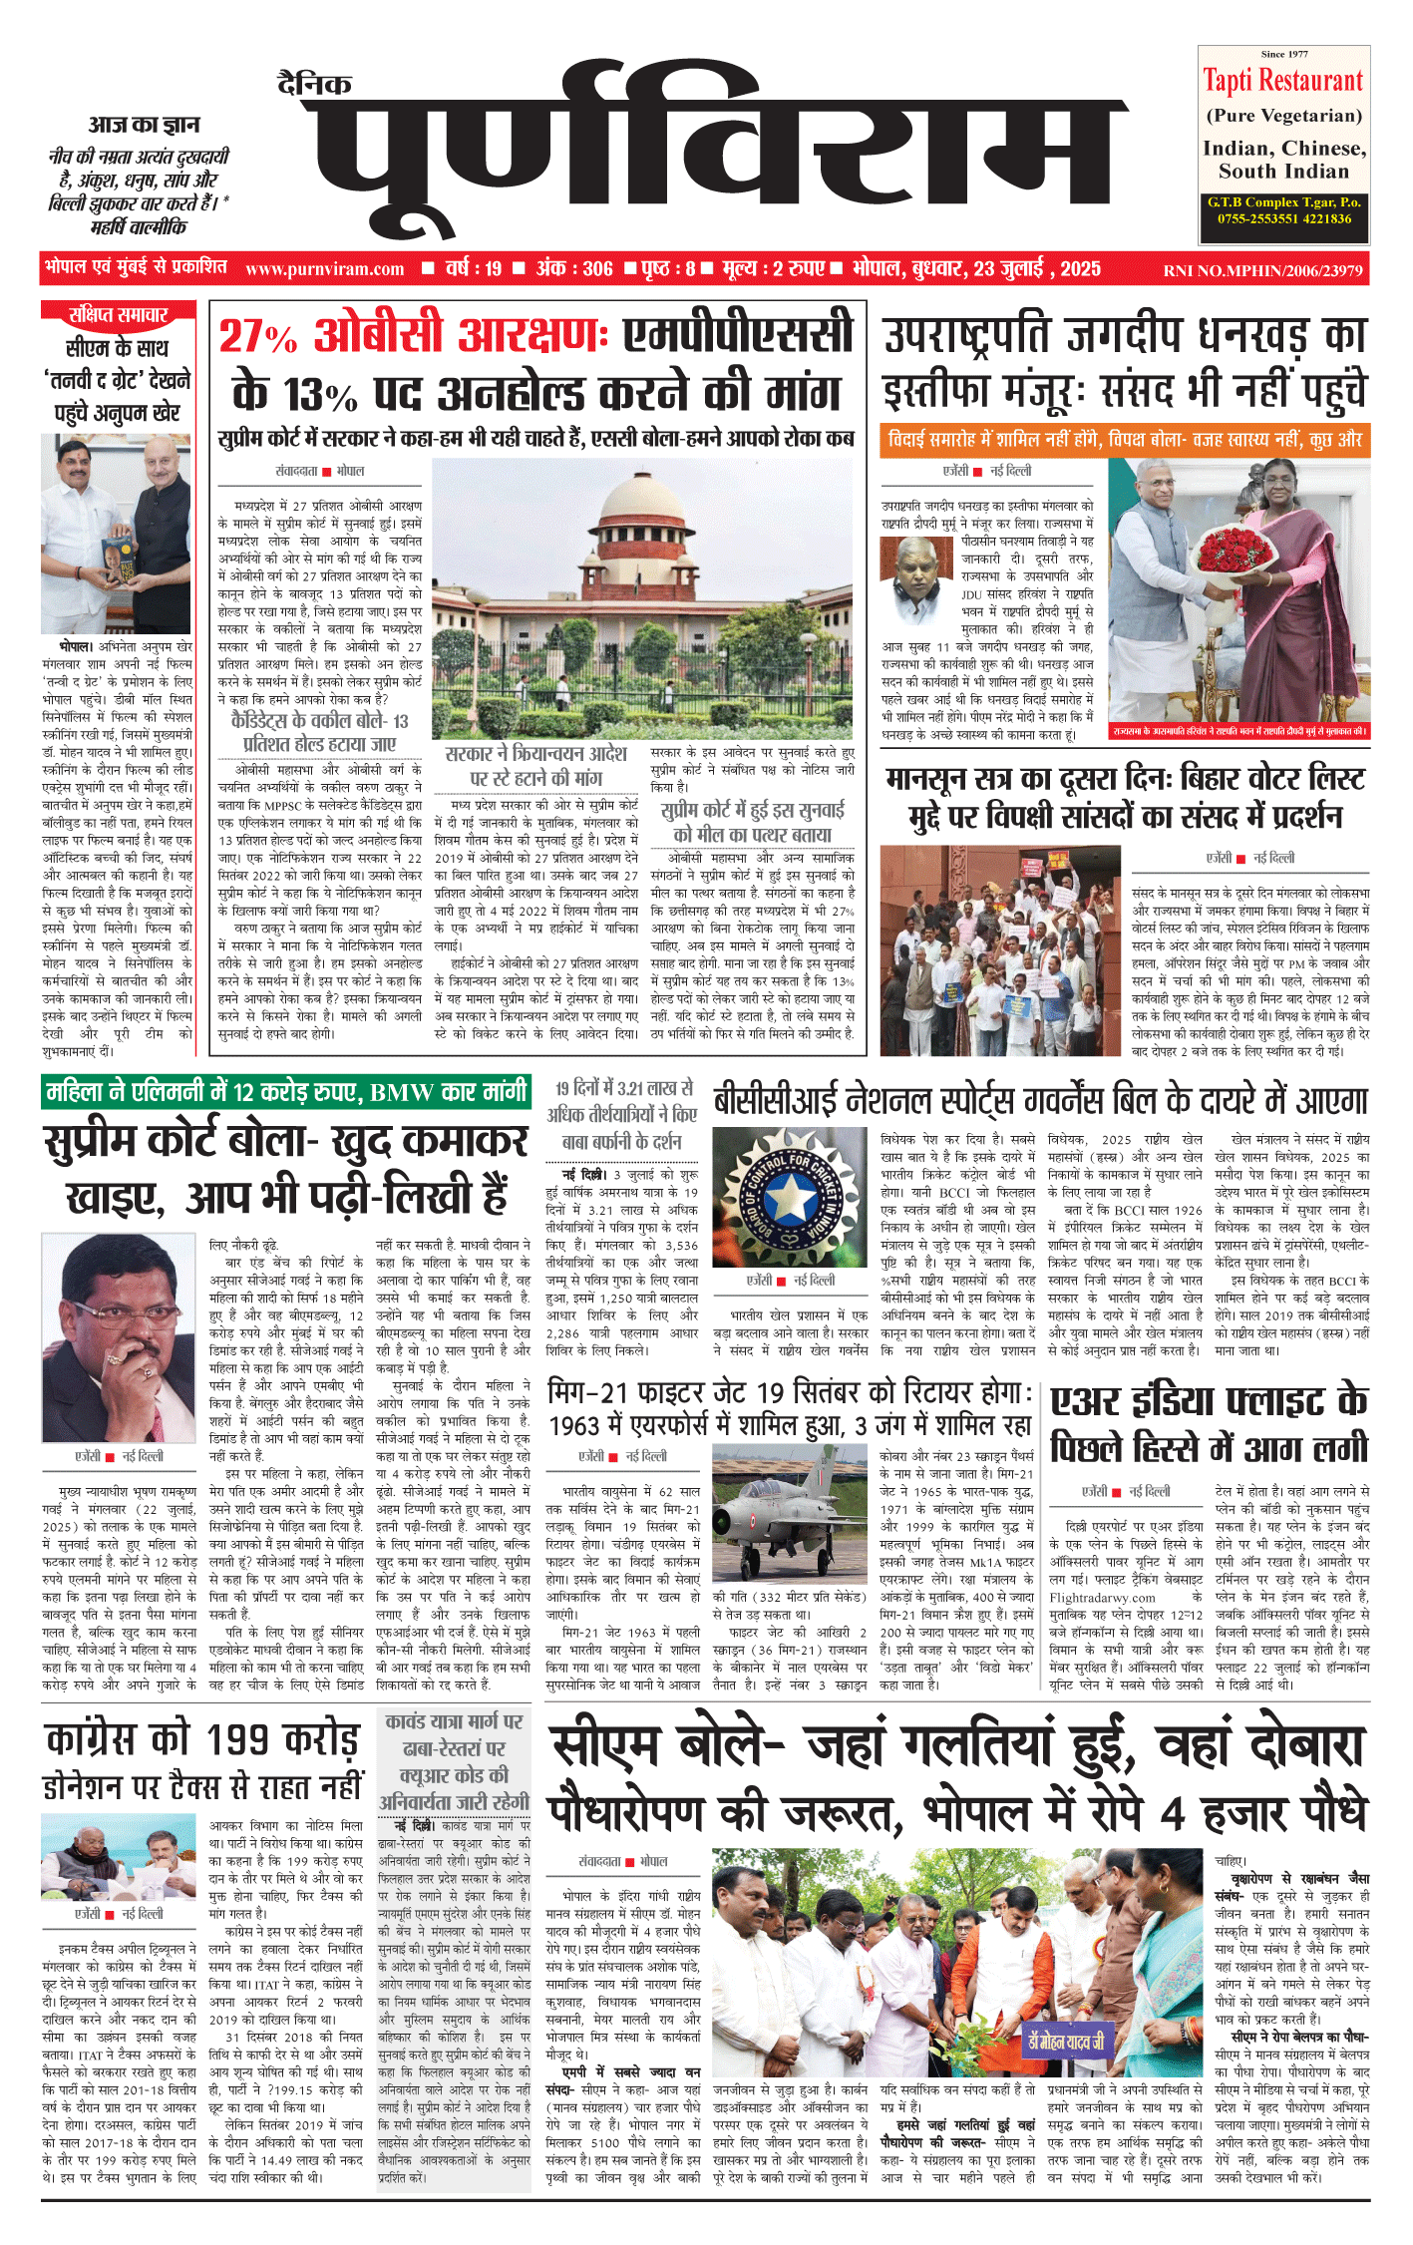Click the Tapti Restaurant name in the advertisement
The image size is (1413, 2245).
1282,81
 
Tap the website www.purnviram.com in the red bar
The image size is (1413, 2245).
324,269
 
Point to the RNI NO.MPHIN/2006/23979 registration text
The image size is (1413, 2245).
1262,270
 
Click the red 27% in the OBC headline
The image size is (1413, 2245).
257,337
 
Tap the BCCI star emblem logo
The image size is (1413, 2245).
774,1198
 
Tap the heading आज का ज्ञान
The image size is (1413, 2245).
144,125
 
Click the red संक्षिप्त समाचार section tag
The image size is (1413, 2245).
118,315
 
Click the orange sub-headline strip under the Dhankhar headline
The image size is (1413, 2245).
1124,440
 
